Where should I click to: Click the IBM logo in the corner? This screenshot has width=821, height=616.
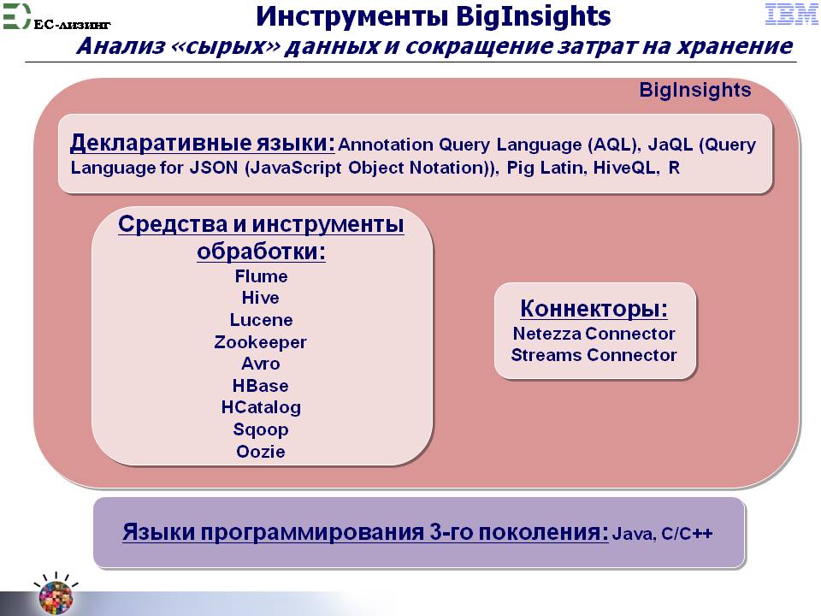coord(791,15)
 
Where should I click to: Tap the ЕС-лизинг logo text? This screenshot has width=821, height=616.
coord(72,24)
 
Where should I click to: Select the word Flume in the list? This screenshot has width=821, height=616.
coord(262,276)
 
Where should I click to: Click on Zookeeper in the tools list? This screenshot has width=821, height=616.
coord(260,342)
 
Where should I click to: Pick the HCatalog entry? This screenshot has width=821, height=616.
coord(261,407)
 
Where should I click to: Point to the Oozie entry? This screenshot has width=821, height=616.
coord(261,451)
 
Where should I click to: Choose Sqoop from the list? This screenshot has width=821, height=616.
coord(261,430)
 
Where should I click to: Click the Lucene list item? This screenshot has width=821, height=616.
coord(262,319)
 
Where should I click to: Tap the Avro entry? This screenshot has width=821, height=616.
coord(261,364)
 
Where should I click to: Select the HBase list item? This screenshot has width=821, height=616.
coord(261,386)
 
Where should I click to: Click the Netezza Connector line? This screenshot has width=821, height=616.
coord(594,333)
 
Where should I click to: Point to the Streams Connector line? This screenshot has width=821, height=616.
coord(594,354)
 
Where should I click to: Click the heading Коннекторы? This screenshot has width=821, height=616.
coord(594,308)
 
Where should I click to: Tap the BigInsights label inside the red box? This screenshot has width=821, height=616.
coord(694,90)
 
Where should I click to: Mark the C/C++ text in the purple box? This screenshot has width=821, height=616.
coord(687,533)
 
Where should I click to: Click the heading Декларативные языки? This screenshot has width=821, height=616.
coord(202,143)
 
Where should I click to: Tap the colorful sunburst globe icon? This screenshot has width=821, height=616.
coord(56,595)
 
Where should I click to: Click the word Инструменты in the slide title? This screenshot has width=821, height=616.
coord(351,16)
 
